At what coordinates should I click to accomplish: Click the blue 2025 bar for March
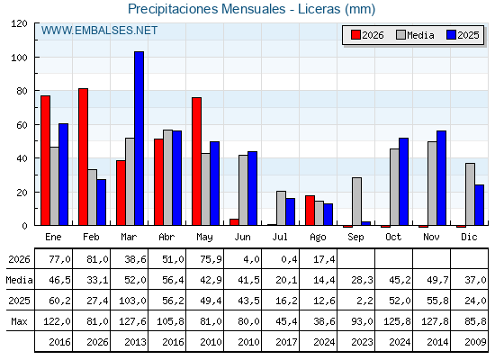tap(139, 139)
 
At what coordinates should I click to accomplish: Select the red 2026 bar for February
tap(83, 157)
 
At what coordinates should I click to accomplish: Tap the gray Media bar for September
tap(356, 202)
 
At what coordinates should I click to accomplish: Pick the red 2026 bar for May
tap(197, 161)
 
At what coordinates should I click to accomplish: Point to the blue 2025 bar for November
tap(441, 178)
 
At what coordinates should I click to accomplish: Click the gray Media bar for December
tap(470, 194)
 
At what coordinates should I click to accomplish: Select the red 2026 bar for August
tap(310, 211)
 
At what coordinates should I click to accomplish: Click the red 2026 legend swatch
tap(355, 35)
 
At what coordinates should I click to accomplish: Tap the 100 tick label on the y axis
tap(20, 58)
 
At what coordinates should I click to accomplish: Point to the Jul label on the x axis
tap(280, 237)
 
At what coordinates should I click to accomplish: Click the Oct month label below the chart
tap(393, 237)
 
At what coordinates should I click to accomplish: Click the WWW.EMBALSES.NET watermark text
tap(99, 31)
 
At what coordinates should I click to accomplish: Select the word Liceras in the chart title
tap(319, 9)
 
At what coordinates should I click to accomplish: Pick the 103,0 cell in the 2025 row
tap(132, 301)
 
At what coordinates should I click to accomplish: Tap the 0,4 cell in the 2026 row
tap(289, 259)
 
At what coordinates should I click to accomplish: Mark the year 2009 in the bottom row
tap(475, 342)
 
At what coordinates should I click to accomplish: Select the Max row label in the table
tap(19, 321)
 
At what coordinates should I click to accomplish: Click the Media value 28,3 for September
tap(362, 280)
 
